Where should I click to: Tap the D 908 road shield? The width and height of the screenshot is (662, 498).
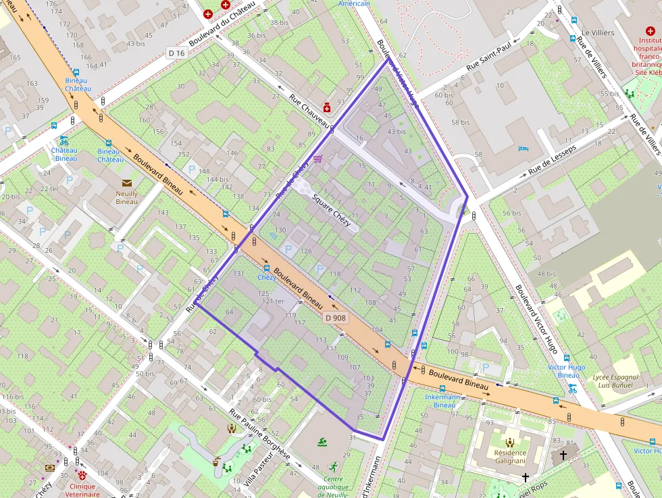pos(335,318)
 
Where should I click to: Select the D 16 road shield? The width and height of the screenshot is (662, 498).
pos(176,53)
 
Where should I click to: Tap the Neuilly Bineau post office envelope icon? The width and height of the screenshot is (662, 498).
pos(126,183)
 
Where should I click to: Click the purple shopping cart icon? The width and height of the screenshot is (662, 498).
pos(317,159)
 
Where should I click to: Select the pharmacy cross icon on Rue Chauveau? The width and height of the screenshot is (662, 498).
pos(327,107)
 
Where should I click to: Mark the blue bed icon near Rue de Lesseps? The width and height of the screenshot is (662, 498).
pos(522,148)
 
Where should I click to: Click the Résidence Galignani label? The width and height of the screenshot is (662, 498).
pos(510,457)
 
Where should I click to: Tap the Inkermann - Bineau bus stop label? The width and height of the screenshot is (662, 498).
pos(444,401)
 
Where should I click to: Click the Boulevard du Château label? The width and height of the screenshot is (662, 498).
pos(222,24)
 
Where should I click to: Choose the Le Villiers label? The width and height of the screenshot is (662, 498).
pos(598,32)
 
